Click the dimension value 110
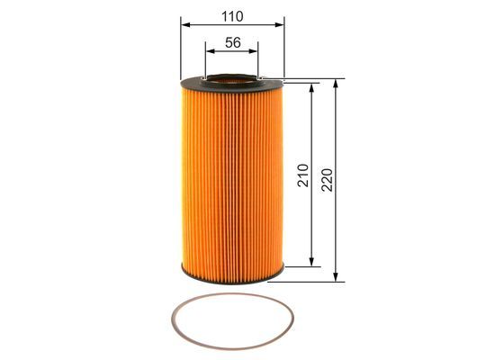231,15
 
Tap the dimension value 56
232,42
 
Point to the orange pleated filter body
232,180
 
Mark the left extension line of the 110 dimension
181,49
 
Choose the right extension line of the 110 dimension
283,49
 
